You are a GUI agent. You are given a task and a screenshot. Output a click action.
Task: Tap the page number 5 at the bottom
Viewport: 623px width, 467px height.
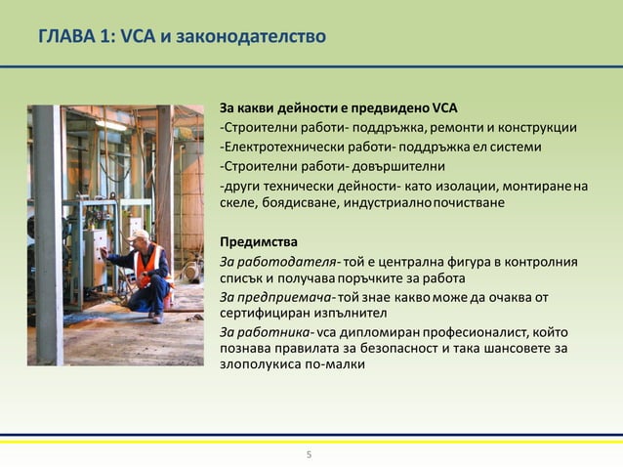[x=310, y=453]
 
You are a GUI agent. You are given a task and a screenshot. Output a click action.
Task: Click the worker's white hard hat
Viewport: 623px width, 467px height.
[x=140, y=235]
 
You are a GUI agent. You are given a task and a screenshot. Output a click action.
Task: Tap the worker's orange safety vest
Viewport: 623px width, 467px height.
[x=148, y=265]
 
